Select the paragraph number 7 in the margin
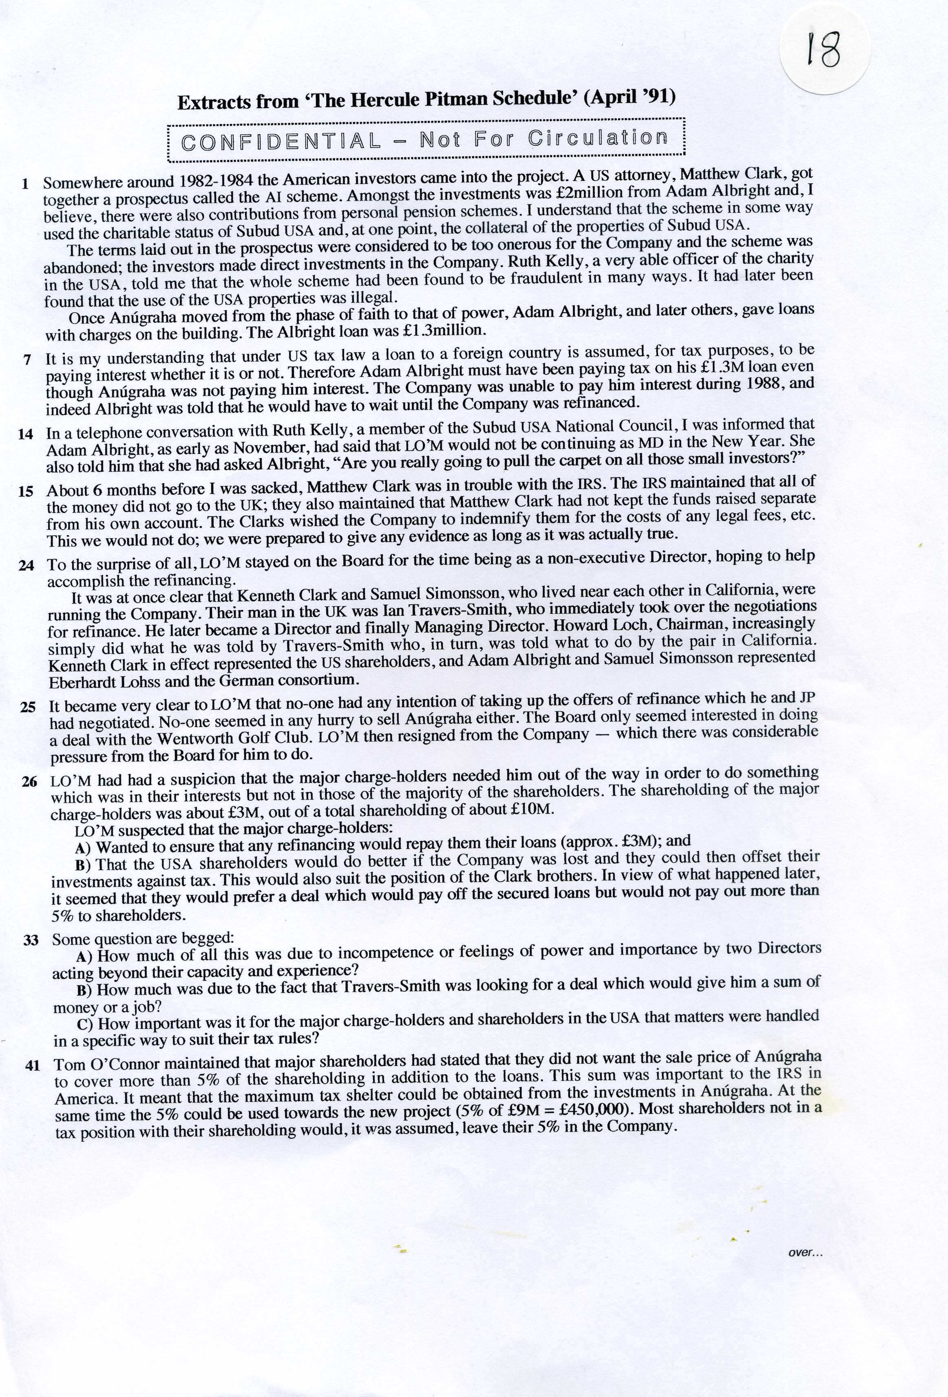(27, 360)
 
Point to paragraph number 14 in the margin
(25, 433)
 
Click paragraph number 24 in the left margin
(27, 565)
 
